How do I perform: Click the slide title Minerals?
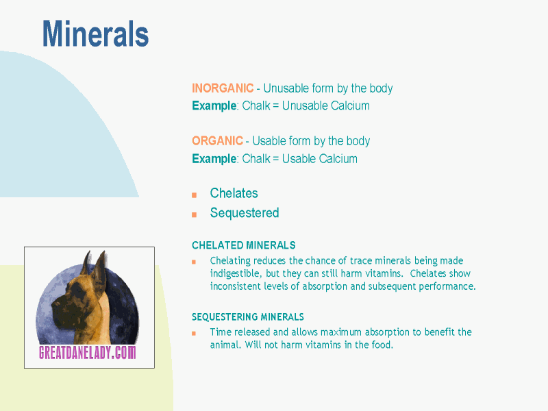[95, 34]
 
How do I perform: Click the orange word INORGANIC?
[223, 88]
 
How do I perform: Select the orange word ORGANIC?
[217, 141]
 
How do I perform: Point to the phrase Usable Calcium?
[320, 159]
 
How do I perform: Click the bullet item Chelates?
[234, 193]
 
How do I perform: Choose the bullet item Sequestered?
[245, 213]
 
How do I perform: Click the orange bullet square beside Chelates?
[195, 195]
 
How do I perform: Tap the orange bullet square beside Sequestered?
[195, 214]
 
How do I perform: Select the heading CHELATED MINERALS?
[244, 245]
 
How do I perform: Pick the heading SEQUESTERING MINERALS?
[248, 317]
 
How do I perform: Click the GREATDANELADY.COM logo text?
[88, 352]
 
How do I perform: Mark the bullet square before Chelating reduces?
[194, 262]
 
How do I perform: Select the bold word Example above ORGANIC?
[214, 105]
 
